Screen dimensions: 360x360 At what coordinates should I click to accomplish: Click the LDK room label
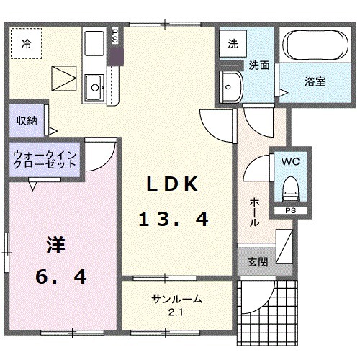point(172,184)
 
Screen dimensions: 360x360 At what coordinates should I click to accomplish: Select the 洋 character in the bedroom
point(56,245)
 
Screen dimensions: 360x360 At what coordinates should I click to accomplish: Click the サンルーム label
point(176,300)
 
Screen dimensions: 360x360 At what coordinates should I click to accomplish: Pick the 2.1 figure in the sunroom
point(177,311)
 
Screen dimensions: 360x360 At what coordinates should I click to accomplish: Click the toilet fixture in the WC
point(291,189)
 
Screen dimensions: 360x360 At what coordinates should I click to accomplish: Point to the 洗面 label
point(259,65)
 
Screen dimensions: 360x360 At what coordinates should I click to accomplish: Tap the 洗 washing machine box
point(232,43)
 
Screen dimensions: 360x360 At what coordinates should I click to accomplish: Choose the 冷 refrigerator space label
point(26,42)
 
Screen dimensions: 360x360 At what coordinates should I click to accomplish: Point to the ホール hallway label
point(255,212)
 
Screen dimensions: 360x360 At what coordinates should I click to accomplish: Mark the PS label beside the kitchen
point(114,36)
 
